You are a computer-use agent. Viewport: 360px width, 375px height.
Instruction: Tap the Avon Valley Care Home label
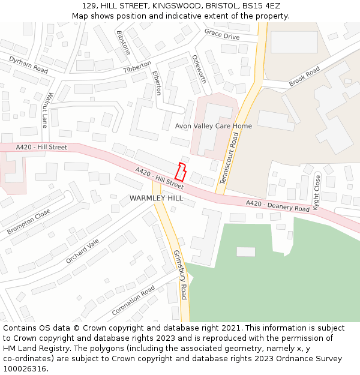(x=213, y=126)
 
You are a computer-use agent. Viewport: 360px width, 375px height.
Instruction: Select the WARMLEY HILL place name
(x=156, y=198)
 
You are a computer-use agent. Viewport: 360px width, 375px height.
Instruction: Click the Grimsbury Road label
(x=180, y=275)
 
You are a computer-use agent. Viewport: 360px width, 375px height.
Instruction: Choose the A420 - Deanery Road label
(x=277, y=206)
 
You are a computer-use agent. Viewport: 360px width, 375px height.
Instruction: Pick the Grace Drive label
(x=221, y=34)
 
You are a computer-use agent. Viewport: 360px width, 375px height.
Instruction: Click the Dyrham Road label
(x=28, y=65)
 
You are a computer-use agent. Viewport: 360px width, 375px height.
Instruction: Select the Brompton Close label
(x=29, y=222)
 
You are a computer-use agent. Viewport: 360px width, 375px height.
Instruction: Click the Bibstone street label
(x=123, y=43)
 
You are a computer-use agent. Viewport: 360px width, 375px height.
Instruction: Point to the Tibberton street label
(x=137, y=67)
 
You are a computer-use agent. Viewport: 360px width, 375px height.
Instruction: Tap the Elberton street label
(x=157, y=83)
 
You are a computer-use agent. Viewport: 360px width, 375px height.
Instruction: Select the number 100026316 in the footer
(x=25, y=368)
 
